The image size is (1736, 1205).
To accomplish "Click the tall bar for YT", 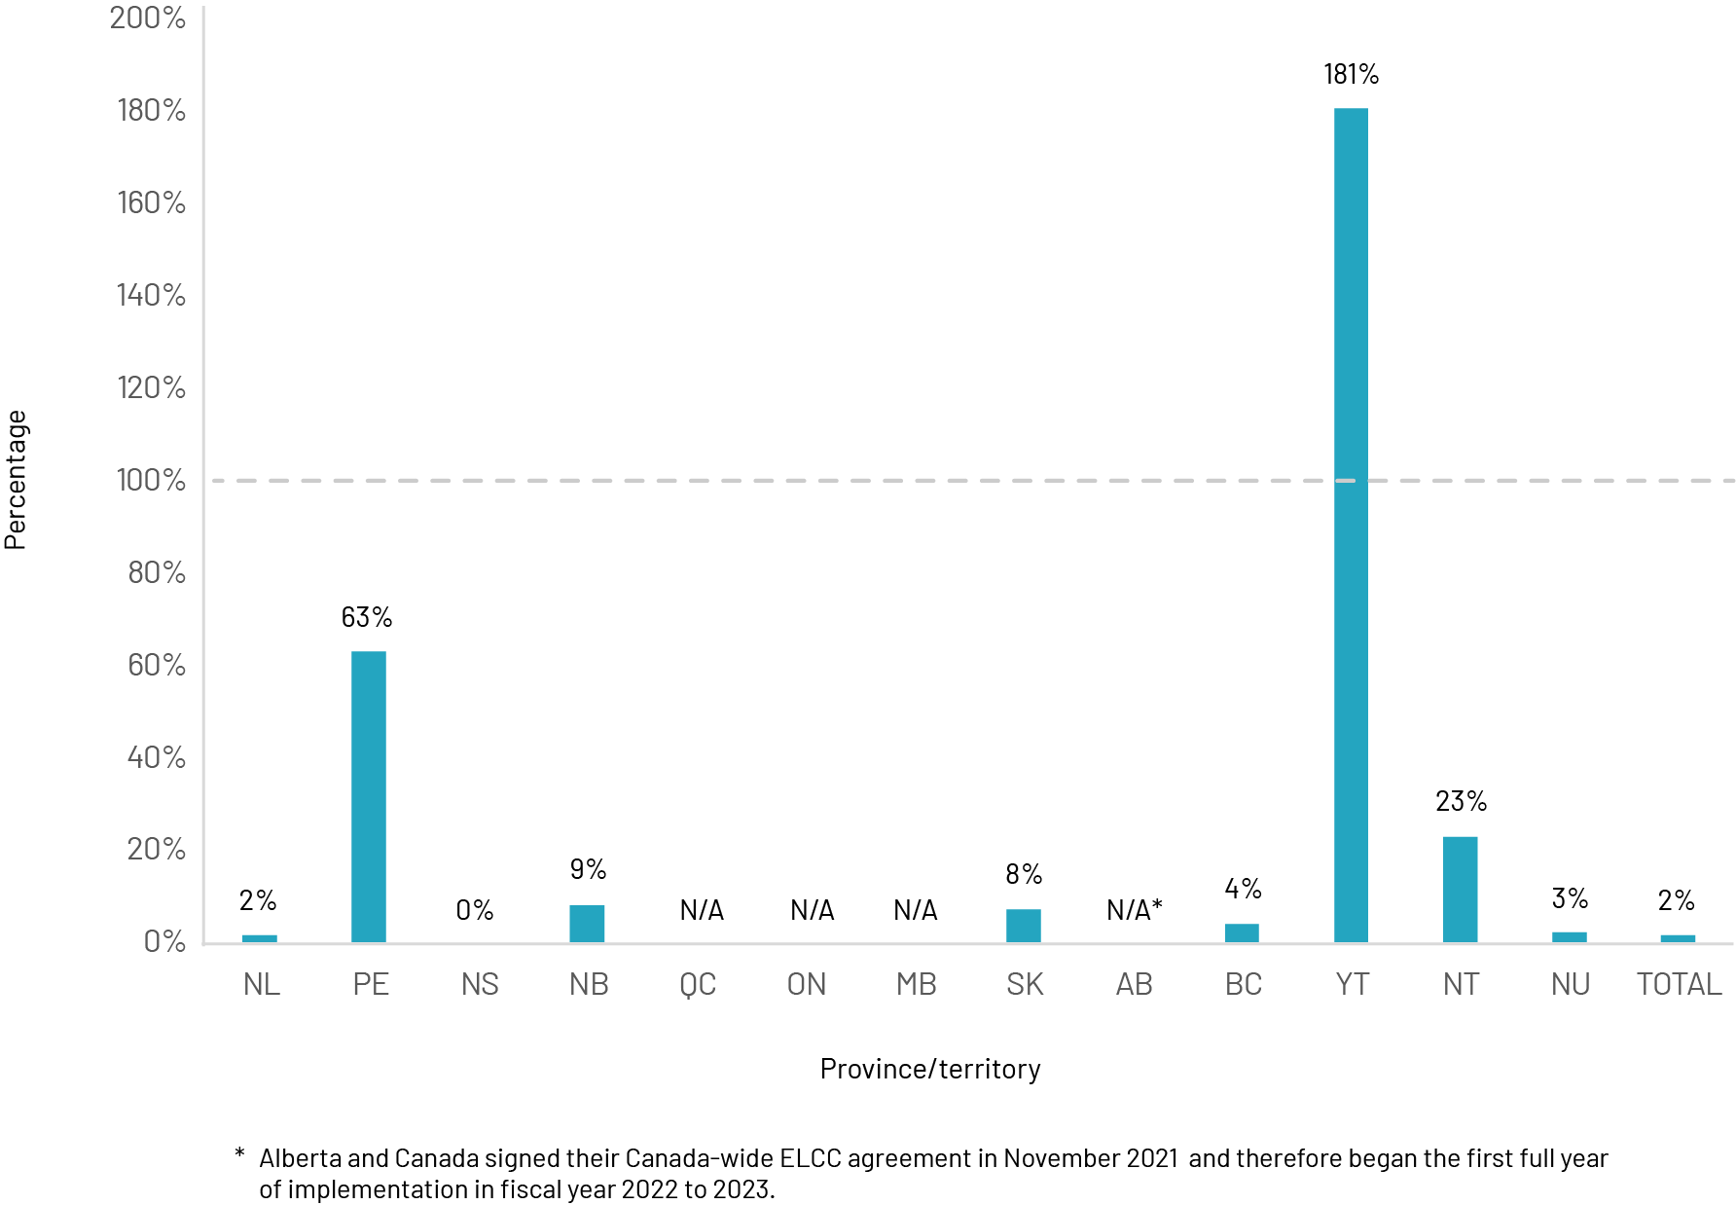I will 1351,526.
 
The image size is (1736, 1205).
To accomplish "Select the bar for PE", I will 369,796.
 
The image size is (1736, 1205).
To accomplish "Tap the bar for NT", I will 1460,889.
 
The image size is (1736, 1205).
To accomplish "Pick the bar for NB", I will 587,924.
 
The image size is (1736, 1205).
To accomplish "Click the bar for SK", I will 1024,926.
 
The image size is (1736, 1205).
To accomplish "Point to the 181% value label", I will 1351,74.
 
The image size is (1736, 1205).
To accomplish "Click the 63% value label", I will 367,617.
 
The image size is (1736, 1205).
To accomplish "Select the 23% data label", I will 1461,802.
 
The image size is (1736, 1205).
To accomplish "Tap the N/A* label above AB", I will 1135,910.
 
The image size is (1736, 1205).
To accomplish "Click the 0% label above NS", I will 475,910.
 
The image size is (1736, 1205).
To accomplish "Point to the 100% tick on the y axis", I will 151,480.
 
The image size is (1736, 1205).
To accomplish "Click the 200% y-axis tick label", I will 148,18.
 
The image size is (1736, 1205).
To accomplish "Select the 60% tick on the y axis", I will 156,665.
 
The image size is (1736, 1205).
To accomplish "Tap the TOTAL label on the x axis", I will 1679,984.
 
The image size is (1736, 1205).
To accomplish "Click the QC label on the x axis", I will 698,984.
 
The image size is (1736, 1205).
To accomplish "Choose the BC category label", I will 1243,984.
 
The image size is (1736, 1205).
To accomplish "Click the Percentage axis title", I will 16,480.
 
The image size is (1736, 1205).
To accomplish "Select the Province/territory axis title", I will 930,1069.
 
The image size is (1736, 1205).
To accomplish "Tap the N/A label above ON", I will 812,910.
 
